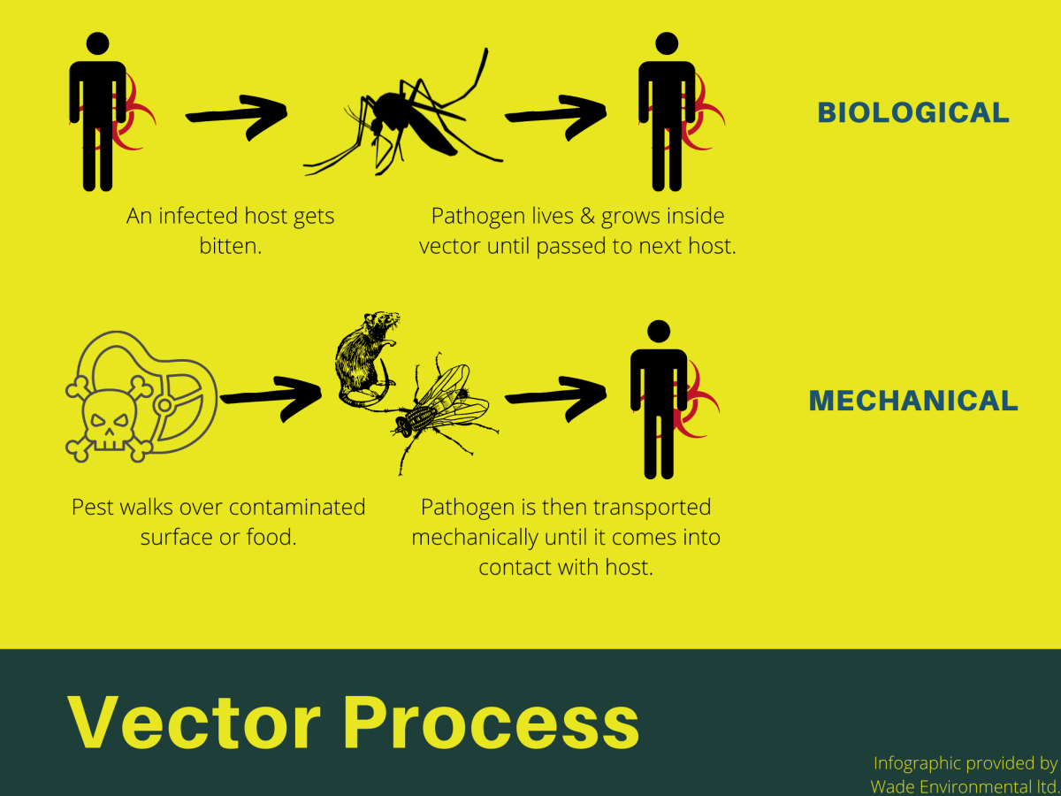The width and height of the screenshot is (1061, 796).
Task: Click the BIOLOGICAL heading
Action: (x=912, y=112)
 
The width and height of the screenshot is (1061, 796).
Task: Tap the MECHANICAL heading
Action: (x=912, y=401)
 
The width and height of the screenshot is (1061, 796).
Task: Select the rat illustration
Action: (x=365, y=358)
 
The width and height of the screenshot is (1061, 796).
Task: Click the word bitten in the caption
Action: (x=231, y=245)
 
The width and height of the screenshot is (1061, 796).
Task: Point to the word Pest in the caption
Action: (x=92, y=508)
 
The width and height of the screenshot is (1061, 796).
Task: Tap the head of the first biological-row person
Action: (x=98, y=44)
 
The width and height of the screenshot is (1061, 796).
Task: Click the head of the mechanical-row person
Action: (x=659, y=332)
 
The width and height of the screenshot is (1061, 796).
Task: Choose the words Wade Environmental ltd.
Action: (x=964, y=785)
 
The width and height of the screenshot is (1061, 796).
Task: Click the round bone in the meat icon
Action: (x=164, y=406)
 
